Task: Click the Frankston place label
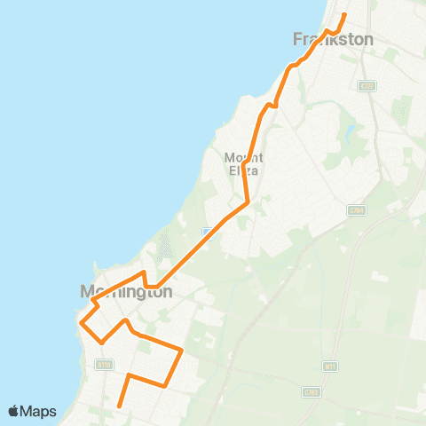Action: (333, 39)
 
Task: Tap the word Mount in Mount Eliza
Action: (241, 157)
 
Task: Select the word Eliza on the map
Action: (241, 170)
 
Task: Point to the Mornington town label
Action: (125, 291)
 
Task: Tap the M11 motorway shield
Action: (330, 365)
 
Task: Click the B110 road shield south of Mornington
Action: (104, 364)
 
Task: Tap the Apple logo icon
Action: (14, 412)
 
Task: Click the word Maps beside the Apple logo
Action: (39, 412)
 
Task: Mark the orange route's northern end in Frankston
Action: (344, 14)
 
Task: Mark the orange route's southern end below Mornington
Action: (119, 407)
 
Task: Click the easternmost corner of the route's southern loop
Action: (182, 351)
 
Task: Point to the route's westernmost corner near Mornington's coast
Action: (81, 322)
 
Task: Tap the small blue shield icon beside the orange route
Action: (207, 232)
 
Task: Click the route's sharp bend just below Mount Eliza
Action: (246, 202)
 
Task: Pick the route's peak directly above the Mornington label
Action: (144, 272)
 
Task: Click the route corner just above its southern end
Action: (130, 375)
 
